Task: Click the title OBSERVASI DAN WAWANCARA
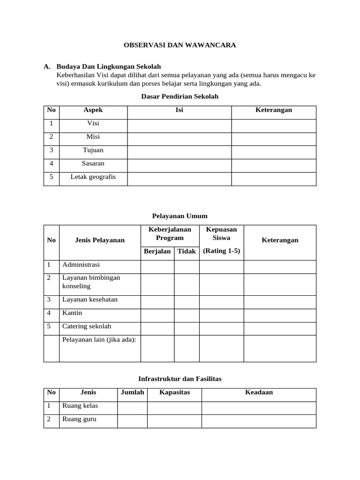pyautogui.click(x=180, y=45)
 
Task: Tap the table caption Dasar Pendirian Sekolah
pyautogui.click(x=180, y=97)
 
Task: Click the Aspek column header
pyautogui.click(x=93, y=110)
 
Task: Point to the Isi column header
pyautogui.click(x=179, y=110)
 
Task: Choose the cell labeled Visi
pyautogui.click(x=93, y=123)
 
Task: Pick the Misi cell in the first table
pyautogui.click(x=93, y=137)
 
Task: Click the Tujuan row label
pyautogui.click(x=93, y=150)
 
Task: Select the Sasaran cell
pyautogui.click(x=93, y=164)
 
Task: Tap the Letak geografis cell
pyautogui.click(x=93, y=177)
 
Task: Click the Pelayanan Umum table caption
pyautogui.click(x=180, y=216)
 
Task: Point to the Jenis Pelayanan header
pyautogui.click(x=100, y=240)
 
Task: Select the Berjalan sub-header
pyautogui.click(x=157, y=251)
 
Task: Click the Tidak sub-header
pyautogui.click(x=187, y=251)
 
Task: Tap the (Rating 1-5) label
pyautogui.click(x=221, y=251)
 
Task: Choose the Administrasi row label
pyautogui.click(x=81, y=265)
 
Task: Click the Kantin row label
pyautogui.click(x=72, y=313)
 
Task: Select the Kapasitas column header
pyautogui.click(x=174, y=392)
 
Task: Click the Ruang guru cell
pyautogui.click(x=79, y=419)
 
